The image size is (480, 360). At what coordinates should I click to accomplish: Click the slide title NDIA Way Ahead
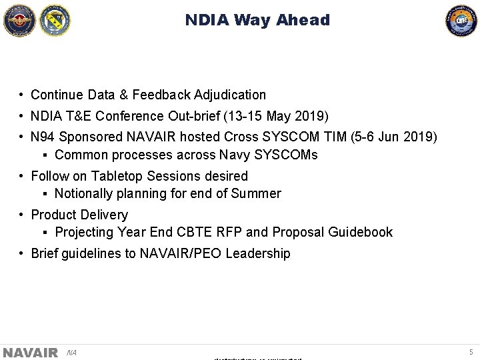click(x=257, y=20)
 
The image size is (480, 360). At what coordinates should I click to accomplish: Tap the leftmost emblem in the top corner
click(x=19, y=20)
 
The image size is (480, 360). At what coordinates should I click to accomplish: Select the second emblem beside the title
click(x=55, y=20)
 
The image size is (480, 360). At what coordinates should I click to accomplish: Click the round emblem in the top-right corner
click(x=461, y=20)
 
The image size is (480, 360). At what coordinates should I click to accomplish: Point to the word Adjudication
click(x=230, y=95)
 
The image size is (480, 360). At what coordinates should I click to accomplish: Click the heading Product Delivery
click(x=79, y=215)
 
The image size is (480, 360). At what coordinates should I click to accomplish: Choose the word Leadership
click(x=258, y=254)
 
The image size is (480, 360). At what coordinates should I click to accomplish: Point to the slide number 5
click(x=471, y=352)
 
